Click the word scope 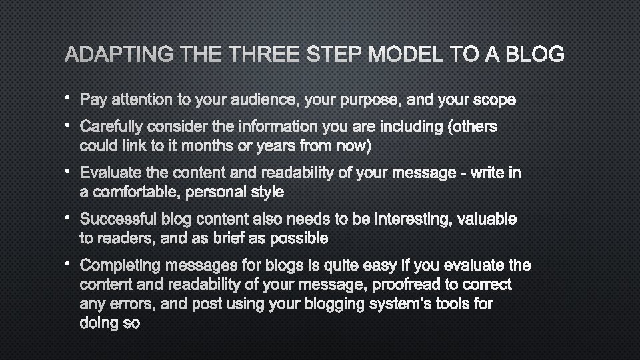click(x=494, y=100)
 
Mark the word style click(x=268, y=192)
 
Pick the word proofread click(x=411, y=285)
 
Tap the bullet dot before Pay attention click(x=68, y=98)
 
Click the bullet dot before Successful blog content click(x=68, y=217)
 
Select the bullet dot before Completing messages click(x=68, y=263)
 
